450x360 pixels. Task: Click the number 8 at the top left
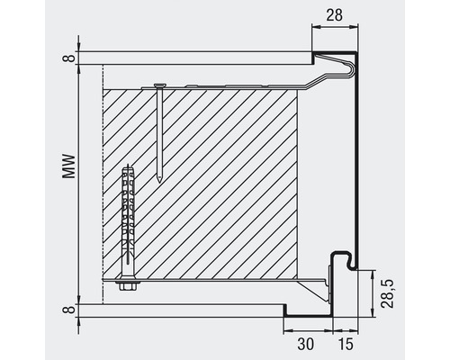click(x=67, y=59)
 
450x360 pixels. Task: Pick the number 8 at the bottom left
click(x=67, y=310)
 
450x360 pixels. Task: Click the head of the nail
click(x=158, y=85)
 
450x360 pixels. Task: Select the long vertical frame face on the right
click(x=356, y=162)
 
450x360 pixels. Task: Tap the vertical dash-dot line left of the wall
click(x=104, y=180)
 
